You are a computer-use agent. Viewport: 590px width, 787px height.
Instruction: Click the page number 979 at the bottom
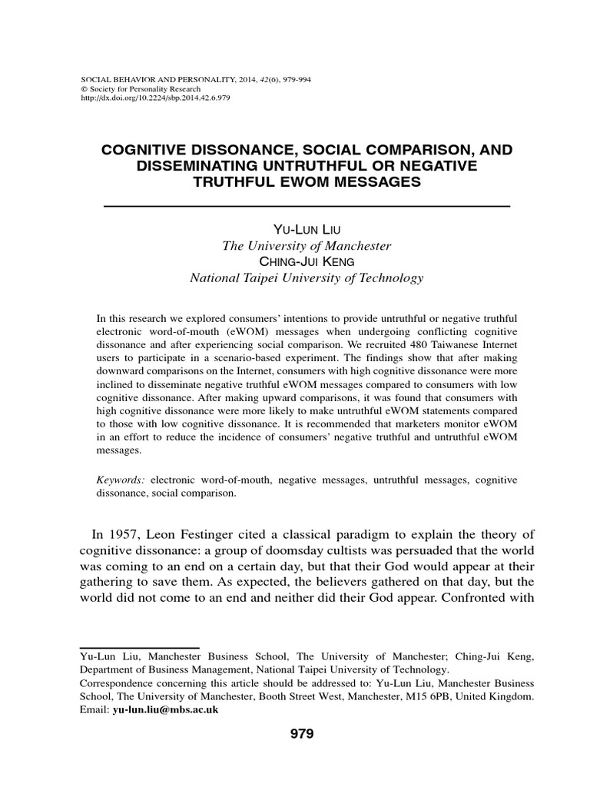(x=302, y=734)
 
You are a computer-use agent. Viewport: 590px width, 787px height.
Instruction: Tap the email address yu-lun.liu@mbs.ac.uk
(x=166, y=709)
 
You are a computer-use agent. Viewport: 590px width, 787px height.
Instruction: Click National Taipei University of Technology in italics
(x=307, y=278)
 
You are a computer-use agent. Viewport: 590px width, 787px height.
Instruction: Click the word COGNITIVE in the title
(x=152, y=151)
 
